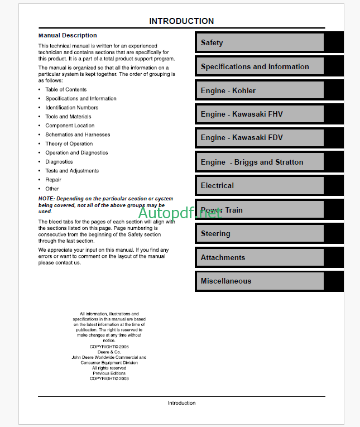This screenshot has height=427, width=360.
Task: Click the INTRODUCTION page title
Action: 181,21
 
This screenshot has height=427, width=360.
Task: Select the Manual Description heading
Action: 68,35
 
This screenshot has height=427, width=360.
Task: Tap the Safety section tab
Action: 259,42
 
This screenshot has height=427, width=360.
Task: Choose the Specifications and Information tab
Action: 259,66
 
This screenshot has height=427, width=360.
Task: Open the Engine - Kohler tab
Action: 259,90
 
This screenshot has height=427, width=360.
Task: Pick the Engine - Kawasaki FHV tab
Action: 259,114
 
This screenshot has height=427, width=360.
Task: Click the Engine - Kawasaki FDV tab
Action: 259,137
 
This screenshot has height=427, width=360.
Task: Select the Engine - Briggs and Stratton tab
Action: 259,162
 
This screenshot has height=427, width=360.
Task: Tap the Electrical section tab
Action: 259,185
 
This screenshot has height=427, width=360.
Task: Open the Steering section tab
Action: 259,233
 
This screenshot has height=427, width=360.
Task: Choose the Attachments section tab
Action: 259,257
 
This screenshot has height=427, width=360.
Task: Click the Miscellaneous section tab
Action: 259,281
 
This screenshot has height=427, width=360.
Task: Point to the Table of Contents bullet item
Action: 66,89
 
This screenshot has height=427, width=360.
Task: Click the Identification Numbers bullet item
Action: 71,108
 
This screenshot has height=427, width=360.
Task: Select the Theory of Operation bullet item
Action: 69,143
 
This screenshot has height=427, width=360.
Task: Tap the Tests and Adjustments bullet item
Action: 72,171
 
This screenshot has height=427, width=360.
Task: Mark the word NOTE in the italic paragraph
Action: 46,199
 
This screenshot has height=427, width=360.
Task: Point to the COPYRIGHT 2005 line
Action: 109,347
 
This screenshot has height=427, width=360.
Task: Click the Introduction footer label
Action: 181,402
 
